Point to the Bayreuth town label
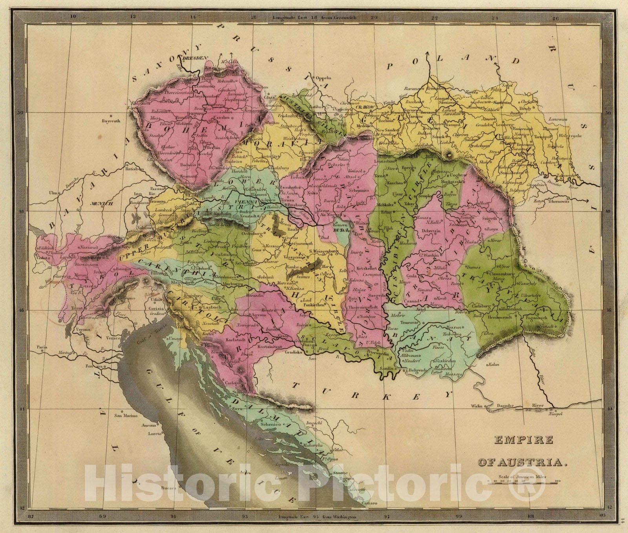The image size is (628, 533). (x=100, y=121)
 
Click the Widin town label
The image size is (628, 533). (x=477, y=405)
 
